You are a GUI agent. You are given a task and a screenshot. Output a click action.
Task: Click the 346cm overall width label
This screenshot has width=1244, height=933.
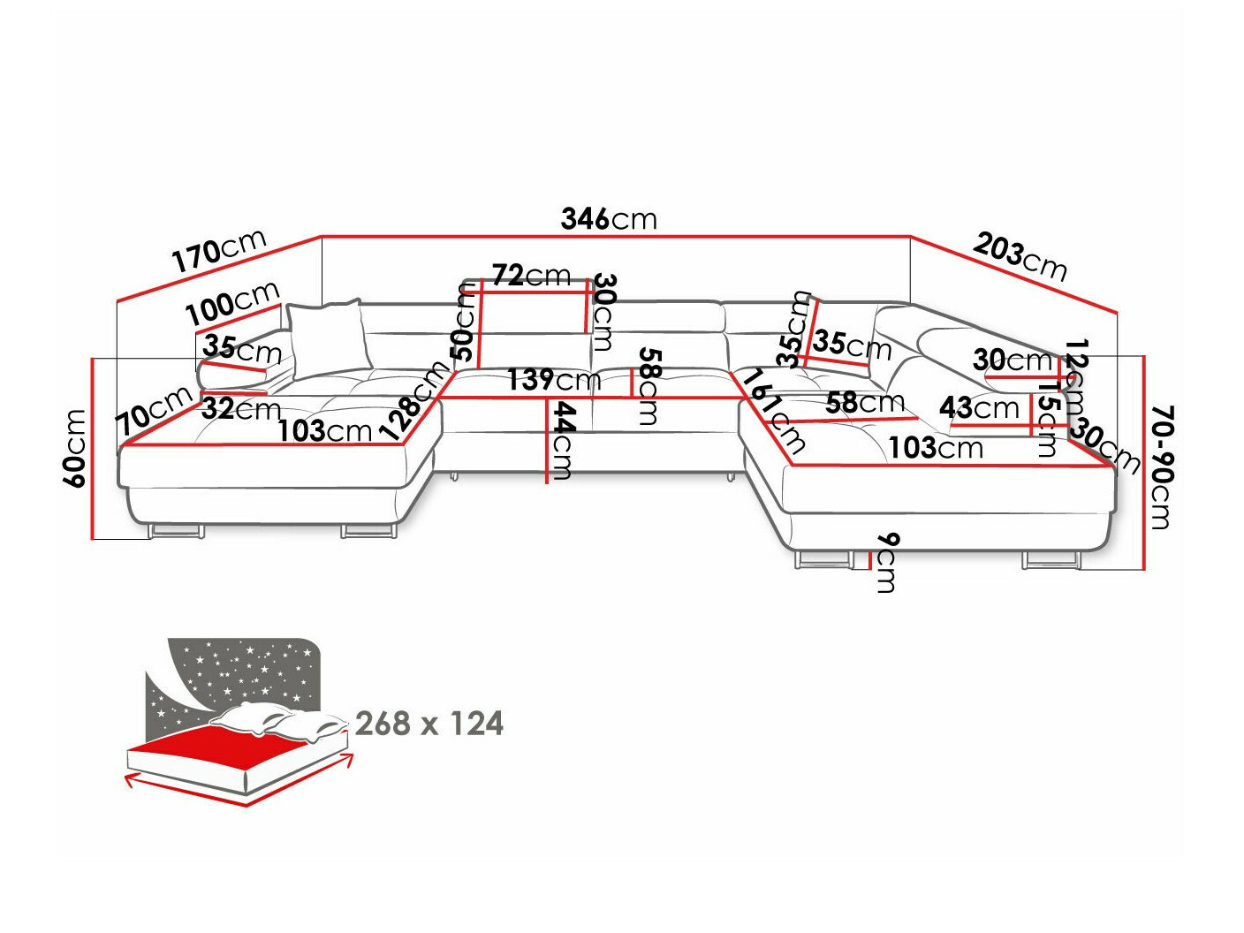click(609, 218)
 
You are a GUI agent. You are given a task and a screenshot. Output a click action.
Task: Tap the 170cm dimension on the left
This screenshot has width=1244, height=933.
click(218, 251)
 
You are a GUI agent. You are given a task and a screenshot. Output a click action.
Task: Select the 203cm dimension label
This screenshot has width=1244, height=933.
click(1020, 256)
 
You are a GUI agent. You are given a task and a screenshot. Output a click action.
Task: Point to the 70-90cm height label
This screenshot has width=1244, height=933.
click(1162, 467)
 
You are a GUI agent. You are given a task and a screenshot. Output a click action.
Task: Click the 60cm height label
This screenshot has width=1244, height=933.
click(75, 448)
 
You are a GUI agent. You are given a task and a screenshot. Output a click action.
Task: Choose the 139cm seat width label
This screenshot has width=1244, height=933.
click(554, 381)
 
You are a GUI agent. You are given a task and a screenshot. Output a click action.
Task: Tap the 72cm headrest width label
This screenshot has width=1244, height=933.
click(531, 276)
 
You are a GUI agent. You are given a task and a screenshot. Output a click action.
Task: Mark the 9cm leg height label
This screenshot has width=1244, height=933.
click(886, 563)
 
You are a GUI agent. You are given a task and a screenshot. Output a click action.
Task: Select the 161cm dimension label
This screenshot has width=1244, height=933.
click(774, 411)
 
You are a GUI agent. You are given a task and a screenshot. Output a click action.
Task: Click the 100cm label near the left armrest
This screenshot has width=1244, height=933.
click(232, 303)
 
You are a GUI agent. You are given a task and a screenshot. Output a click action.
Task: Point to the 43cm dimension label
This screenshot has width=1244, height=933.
click(979, 408)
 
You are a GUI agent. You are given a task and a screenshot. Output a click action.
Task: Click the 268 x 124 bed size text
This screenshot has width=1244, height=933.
click(429, 724)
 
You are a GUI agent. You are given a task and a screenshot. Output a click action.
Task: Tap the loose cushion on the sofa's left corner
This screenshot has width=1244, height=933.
click(326, 337)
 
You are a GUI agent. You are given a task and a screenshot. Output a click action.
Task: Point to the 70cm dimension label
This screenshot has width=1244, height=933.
click(155, 411)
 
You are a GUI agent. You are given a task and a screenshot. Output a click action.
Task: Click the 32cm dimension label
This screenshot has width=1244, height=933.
click(241, 409)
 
